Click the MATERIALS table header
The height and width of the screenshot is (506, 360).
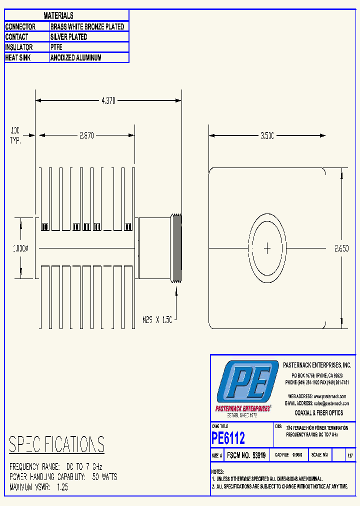tap(58, 16)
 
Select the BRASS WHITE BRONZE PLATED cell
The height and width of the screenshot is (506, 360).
tap(87, 26)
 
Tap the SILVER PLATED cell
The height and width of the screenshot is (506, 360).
tap(69, 37)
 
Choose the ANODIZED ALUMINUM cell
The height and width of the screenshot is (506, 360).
tap(75, 57)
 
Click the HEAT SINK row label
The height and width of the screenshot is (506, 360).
tap(19, 57)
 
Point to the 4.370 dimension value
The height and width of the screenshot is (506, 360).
tap(108, 100)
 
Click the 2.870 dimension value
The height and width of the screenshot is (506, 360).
tap(86, 135)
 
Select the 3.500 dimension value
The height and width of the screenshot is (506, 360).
tap(267, 135)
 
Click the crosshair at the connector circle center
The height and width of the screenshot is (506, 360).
tap(267, 247)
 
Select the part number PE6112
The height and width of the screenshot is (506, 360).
tap(228, 438)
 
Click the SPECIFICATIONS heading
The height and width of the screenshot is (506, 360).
tap(57, 444)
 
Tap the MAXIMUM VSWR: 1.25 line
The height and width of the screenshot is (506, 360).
tap(38, 486)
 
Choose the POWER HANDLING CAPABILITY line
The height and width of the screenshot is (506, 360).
tap(63, 476)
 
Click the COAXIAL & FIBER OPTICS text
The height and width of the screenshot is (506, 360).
tap(318, 412)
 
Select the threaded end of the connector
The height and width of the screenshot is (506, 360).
tap(176, 248)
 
